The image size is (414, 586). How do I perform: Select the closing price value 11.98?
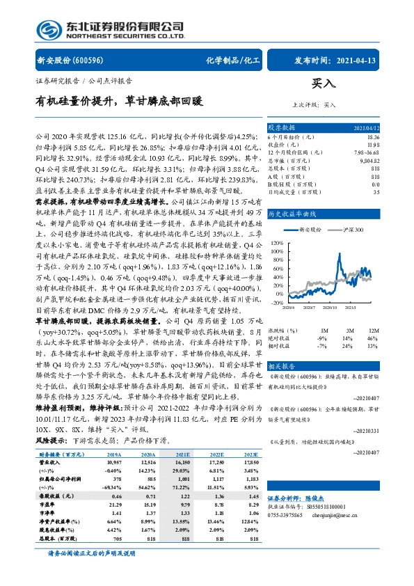pos(374,145)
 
